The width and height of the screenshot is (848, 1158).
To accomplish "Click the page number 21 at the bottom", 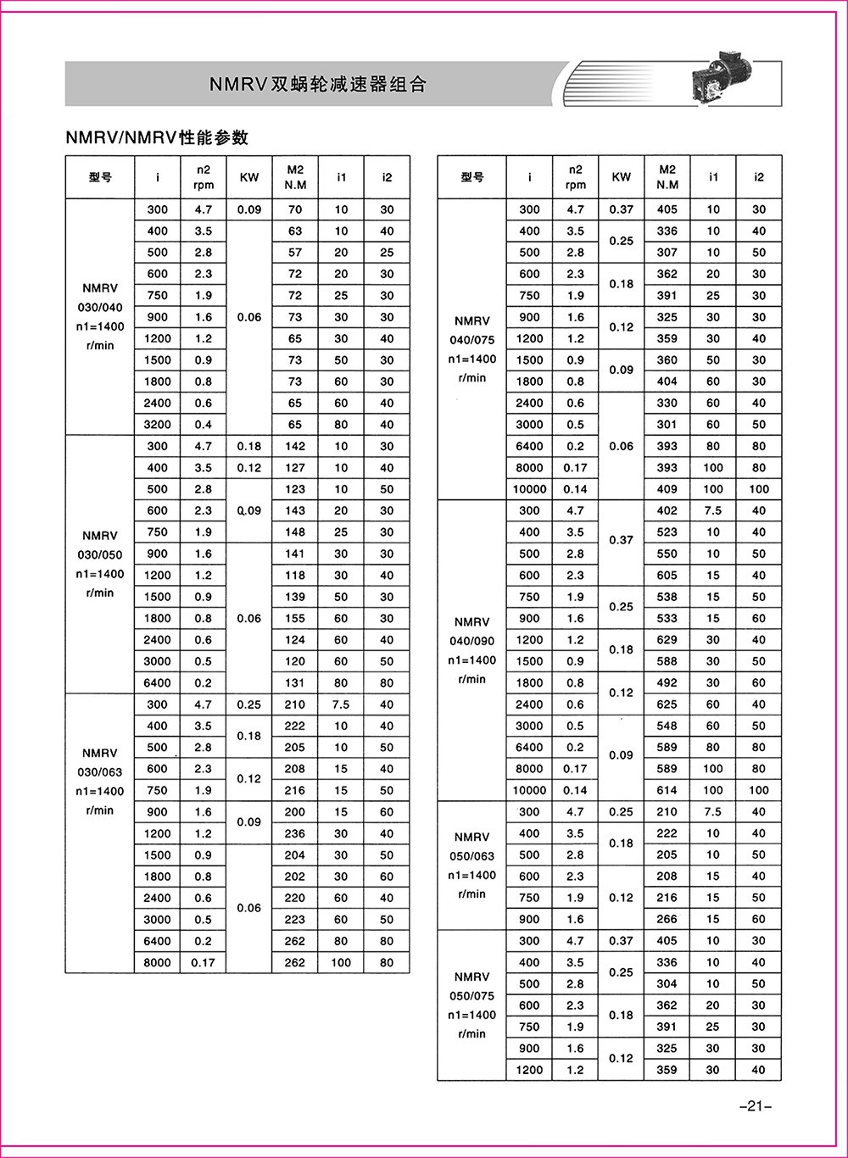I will pos(753,1105).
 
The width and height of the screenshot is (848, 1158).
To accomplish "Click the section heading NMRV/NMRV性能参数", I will pos(157,137).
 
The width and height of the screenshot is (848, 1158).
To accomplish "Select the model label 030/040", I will pos(100,307).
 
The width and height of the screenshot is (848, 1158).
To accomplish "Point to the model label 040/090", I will pos(471,641).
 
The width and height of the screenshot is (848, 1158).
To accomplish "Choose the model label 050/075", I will pos(471,996).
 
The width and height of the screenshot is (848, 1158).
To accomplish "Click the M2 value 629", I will pos(667,640).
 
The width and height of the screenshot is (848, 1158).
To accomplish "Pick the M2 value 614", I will pos(667,790).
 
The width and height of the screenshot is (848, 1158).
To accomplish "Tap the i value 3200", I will pos(157,425).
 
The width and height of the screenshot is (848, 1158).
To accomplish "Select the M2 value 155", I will pos(295,618).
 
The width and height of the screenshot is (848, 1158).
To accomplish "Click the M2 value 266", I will pos(667,919).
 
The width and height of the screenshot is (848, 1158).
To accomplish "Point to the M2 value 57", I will pos(295,253).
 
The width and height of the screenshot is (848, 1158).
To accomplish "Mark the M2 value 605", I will pos(667,576).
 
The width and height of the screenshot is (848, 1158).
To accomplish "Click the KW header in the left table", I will pos(249,177).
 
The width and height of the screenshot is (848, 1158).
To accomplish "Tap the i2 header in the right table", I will pos(759,177).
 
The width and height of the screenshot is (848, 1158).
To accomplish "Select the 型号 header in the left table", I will pos(100,177).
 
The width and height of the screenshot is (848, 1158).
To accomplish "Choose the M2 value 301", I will pos(667,425).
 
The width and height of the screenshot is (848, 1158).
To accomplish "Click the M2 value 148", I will pos(295,532).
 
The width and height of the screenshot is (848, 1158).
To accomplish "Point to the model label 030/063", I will pos(100,771).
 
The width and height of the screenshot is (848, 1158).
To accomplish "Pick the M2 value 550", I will pos(667,554).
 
